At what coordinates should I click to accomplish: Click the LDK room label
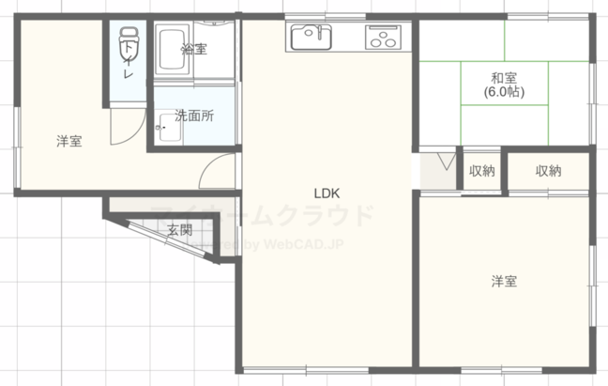click(326, 193)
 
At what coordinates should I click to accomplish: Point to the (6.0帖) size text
click(504, 93)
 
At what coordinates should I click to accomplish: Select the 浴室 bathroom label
click(195, 49)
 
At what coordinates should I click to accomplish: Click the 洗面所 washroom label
click(195, 117)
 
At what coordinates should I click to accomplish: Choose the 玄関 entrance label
click(180, 229)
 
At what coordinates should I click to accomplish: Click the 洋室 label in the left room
click(68, 142)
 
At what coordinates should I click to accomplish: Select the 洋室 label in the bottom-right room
click(504, 281)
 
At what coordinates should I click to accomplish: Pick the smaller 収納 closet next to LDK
click(481, 171)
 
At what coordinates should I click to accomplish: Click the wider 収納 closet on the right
click(548, 171)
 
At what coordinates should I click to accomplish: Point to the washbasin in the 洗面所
click(166, 121)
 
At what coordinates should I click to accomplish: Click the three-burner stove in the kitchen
click(384, 38)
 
